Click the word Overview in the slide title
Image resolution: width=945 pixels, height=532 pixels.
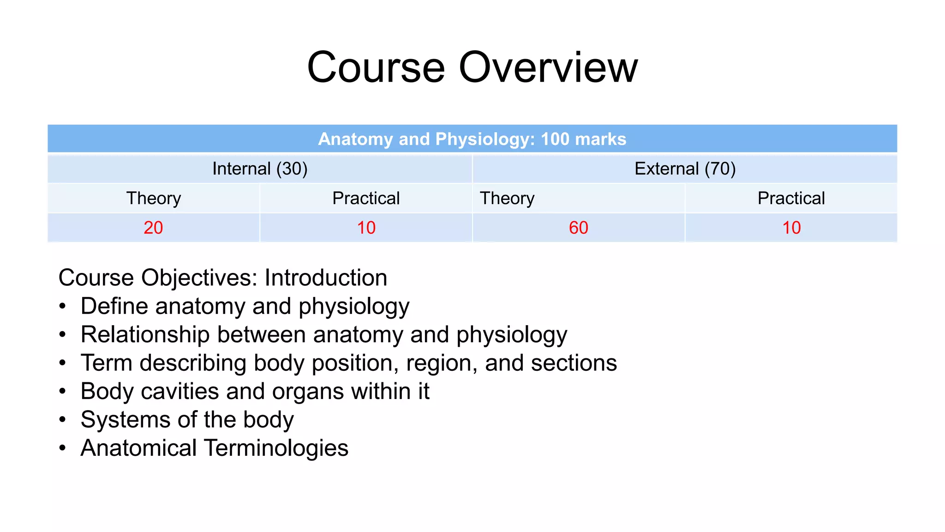548,67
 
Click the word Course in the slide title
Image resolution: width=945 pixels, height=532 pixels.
376,67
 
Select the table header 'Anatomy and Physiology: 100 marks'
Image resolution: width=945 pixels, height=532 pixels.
472,139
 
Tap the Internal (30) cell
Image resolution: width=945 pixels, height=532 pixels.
260,169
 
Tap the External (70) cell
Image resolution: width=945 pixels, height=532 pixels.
685,169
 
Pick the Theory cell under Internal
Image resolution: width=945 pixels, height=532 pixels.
154,198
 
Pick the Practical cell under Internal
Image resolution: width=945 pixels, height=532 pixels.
366,198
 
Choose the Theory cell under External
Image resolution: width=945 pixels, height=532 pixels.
507,198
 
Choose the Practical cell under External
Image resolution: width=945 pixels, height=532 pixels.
791,198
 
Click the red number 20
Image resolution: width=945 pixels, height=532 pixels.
153,228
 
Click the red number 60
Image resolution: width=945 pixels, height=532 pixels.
578,228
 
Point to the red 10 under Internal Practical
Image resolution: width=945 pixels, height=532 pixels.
366,228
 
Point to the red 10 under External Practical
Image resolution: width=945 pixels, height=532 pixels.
791,228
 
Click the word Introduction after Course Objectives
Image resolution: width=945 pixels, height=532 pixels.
326,278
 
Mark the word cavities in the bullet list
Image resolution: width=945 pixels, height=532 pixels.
179,392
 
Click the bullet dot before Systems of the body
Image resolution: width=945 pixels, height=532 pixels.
63,420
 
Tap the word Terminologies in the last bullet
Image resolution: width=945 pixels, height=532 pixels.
276,448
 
